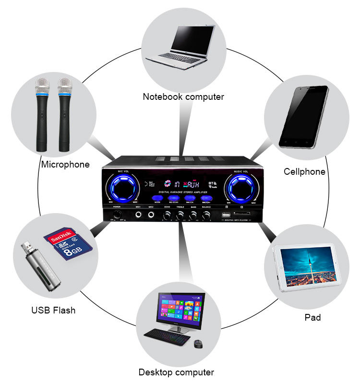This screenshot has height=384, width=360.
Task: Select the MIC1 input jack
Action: pyautogui.click(x=138, y=215)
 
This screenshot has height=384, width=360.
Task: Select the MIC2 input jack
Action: pyautogui.click(x=151, y=215)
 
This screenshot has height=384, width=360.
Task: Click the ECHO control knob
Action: pyautogui.click(x=167, y=216)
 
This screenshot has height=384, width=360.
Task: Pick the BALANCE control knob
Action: pyautogui.click(x=206, y=216)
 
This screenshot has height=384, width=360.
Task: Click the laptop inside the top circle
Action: pyautogui.click(x=185, y=47)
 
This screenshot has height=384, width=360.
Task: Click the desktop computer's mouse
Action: pyautogui.click(x=198, y=344)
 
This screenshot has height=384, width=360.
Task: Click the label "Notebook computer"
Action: pyautogui.click(x=183, y=97)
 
